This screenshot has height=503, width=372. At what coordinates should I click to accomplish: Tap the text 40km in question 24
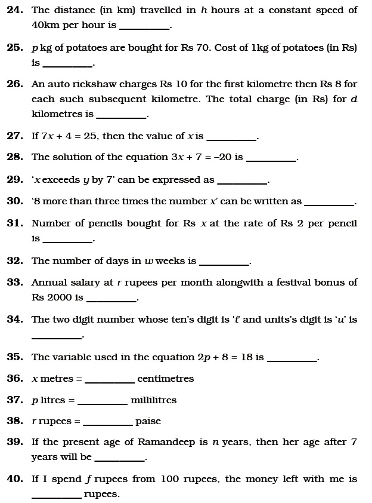[x=45, y=25]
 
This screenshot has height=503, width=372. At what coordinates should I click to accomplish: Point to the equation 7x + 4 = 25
[x=70, y=136]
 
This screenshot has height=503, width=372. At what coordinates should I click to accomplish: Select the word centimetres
[x=165, y=379]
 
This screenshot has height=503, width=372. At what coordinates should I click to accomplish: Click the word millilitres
[x=153, y=400]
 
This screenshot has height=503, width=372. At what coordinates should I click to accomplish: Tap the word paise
[x=148, y=421]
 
